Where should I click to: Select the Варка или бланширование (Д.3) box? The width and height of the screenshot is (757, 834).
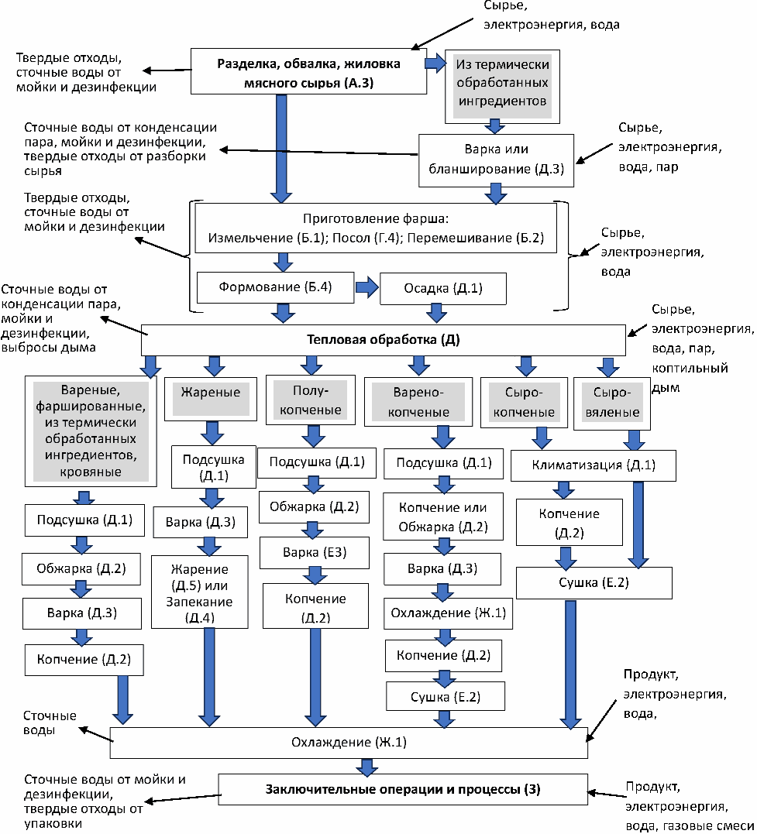pos(496,160)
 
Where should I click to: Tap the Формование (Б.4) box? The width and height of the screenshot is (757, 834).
pos(275,287)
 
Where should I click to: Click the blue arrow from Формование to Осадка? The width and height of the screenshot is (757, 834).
pos(366,287)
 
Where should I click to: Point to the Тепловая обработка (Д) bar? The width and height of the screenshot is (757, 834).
pos(384,339)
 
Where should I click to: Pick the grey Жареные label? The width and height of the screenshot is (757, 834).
pos(210,393)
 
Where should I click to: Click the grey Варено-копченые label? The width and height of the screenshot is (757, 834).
pos(418,403)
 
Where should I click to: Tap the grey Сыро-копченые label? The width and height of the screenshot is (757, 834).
pos(524,403)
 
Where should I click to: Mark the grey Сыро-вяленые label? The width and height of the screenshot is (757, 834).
pos(611,403)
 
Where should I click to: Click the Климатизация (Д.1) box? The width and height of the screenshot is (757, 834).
pos(593,465)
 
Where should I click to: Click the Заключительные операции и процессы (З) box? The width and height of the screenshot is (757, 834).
pos(403,790)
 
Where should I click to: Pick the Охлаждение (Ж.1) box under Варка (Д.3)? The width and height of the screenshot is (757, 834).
pos(442,613)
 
